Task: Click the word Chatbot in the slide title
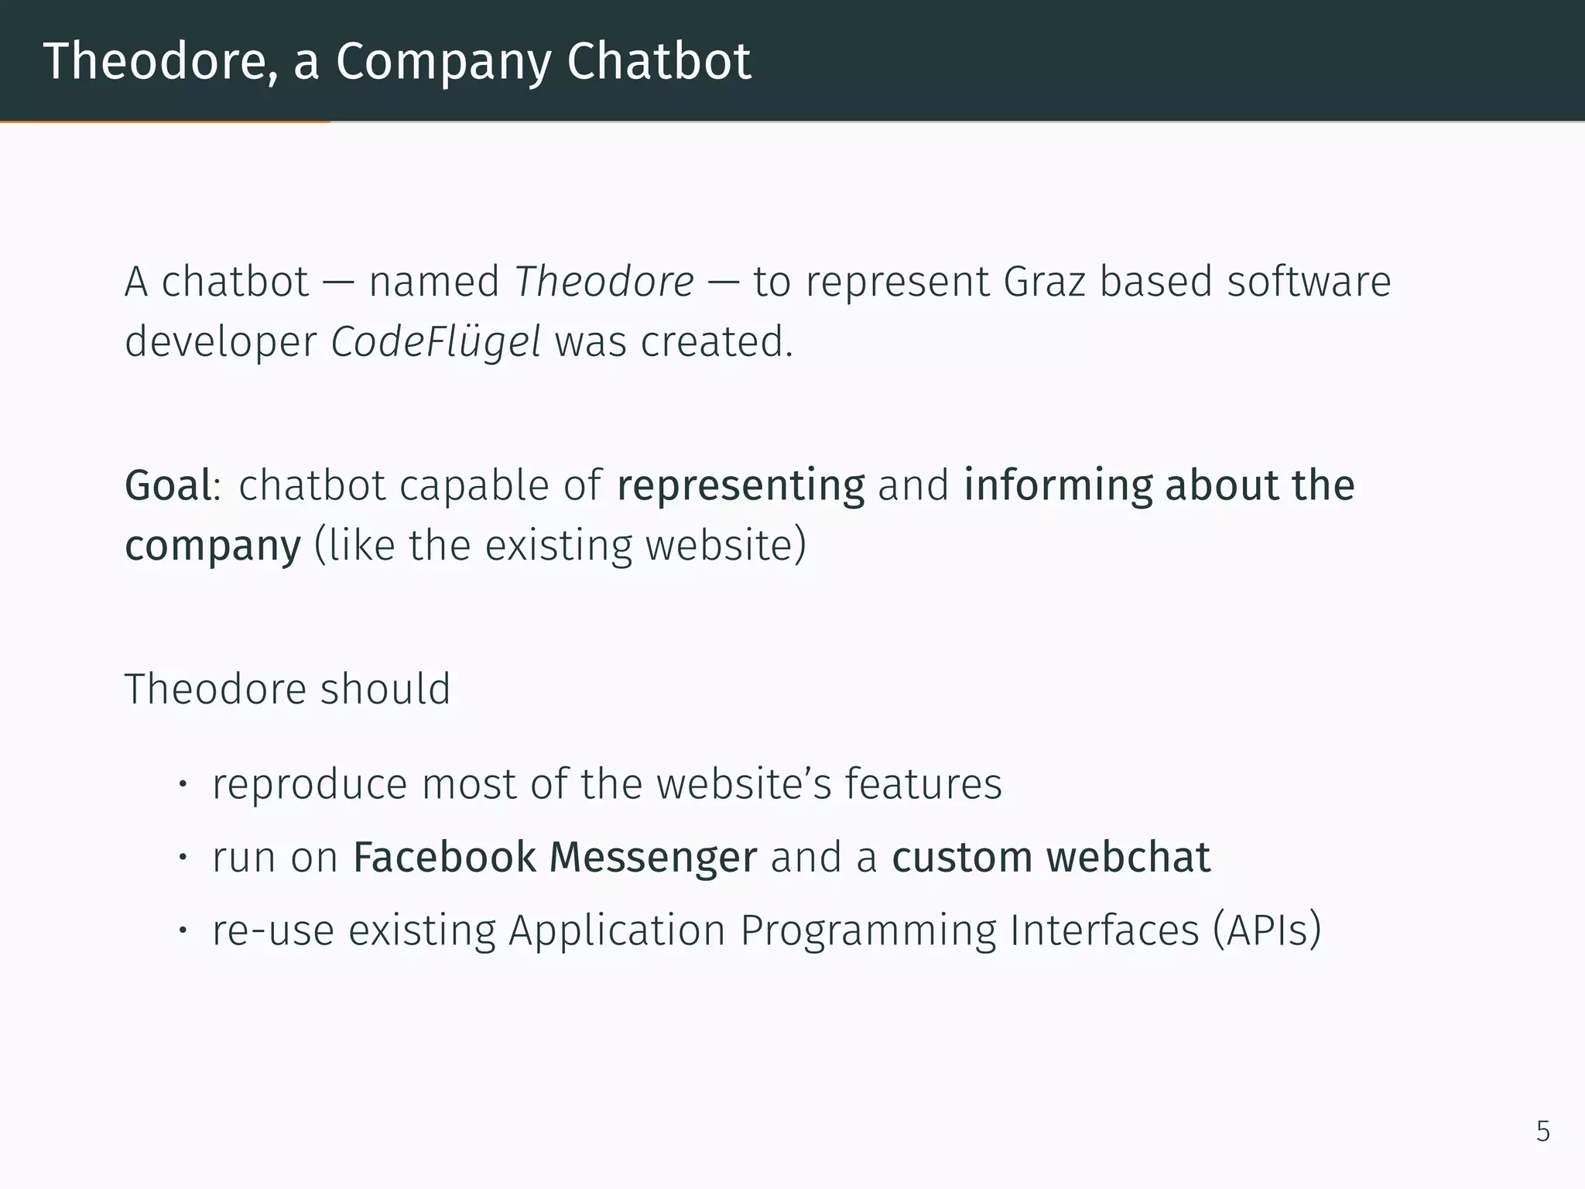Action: [x=659, y=61]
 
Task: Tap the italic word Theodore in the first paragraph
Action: [x=604, y=281]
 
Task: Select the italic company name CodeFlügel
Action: [x=436, y=342]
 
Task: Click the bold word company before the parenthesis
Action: [x=213, y=547]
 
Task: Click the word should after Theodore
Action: [x=385, y=689]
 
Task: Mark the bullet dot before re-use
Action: [x=183, y=930]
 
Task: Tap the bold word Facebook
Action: [x=444, y=858]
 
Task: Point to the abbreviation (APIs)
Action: [x=1267, y=930]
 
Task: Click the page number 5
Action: [x=1542, y=1132]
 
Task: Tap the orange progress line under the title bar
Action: [x=165, y=122]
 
